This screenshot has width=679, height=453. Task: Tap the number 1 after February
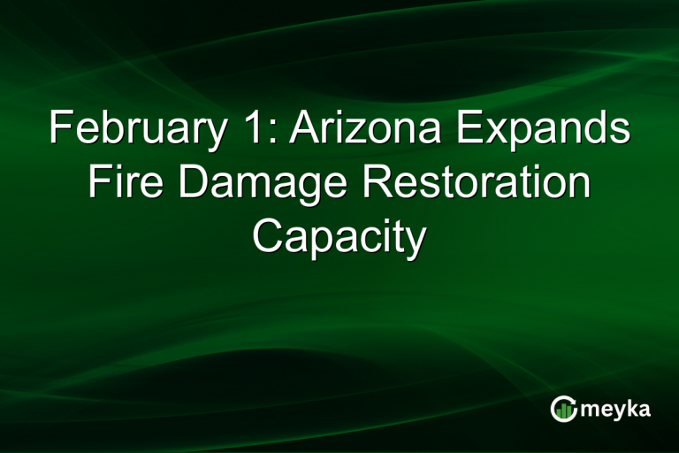click(237, 130)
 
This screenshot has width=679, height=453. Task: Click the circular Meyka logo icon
click(564, 409)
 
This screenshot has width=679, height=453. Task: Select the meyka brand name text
click(619, 410)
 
